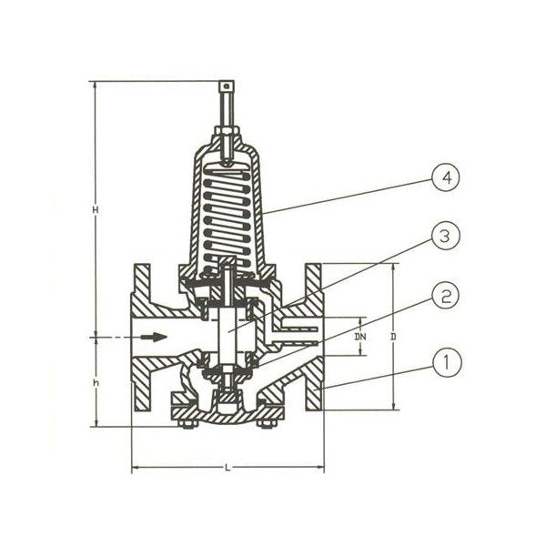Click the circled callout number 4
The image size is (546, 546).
pyautogui.click(x=446, y=177)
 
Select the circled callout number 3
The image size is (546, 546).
pyautogui.click(x=446, y=237)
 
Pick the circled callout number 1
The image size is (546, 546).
pyautogui.click(x=447, y=363)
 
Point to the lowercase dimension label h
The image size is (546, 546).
pyautogui.click(x=96, y=383)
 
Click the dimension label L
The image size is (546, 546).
pyautogui.click(x=227, y=468)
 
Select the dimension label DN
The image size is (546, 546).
pyautogui.click(x=360, y=337)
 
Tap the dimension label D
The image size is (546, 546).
pyautogui.click(x=393, y=337)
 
